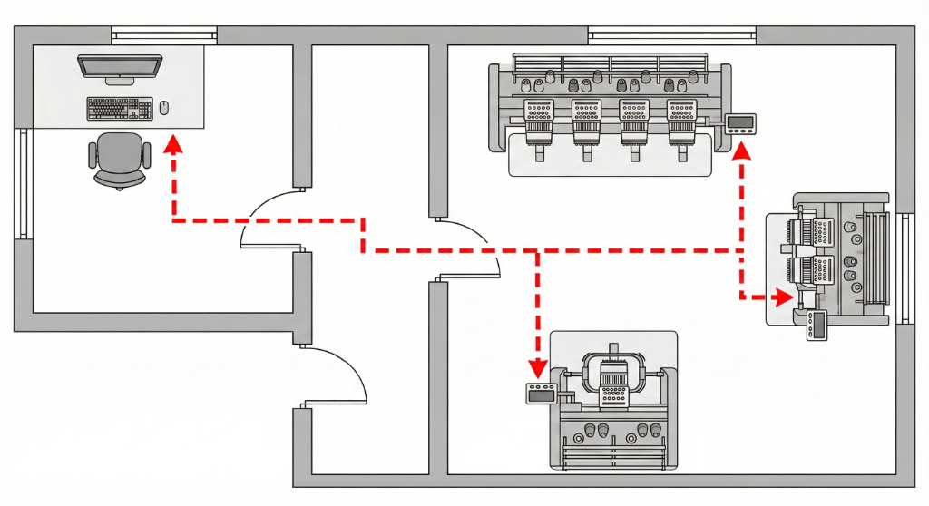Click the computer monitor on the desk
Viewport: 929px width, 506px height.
119,67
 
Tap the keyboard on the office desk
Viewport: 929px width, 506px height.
119,109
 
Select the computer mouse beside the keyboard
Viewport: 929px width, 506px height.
164,108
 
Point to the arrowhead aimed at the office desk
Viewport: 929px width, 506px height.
172,145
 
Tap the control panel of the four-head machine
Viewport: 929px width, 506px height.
741,124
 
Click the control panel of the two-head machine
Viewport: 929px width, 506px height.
818,326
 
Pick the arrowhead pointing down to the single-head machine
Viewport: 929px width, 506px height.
538,367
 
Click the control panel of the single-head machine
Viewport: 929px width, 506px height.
542,393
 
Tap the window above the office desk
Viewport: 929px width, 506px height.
164,35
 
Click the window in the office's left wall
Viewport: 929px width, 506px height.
22,183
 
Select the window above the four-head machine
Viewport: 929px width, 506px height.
671,35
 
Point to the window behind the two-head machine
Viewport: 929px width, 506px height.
905,268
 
